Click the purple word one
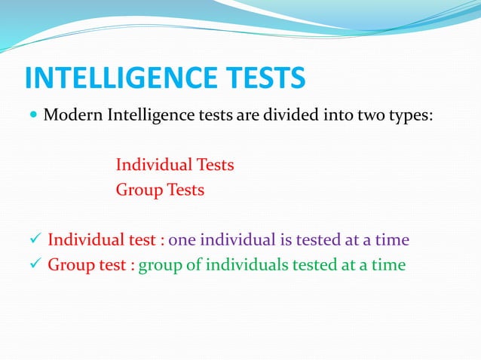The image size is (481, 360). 181,241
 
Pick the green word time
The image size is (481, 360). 388,265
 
